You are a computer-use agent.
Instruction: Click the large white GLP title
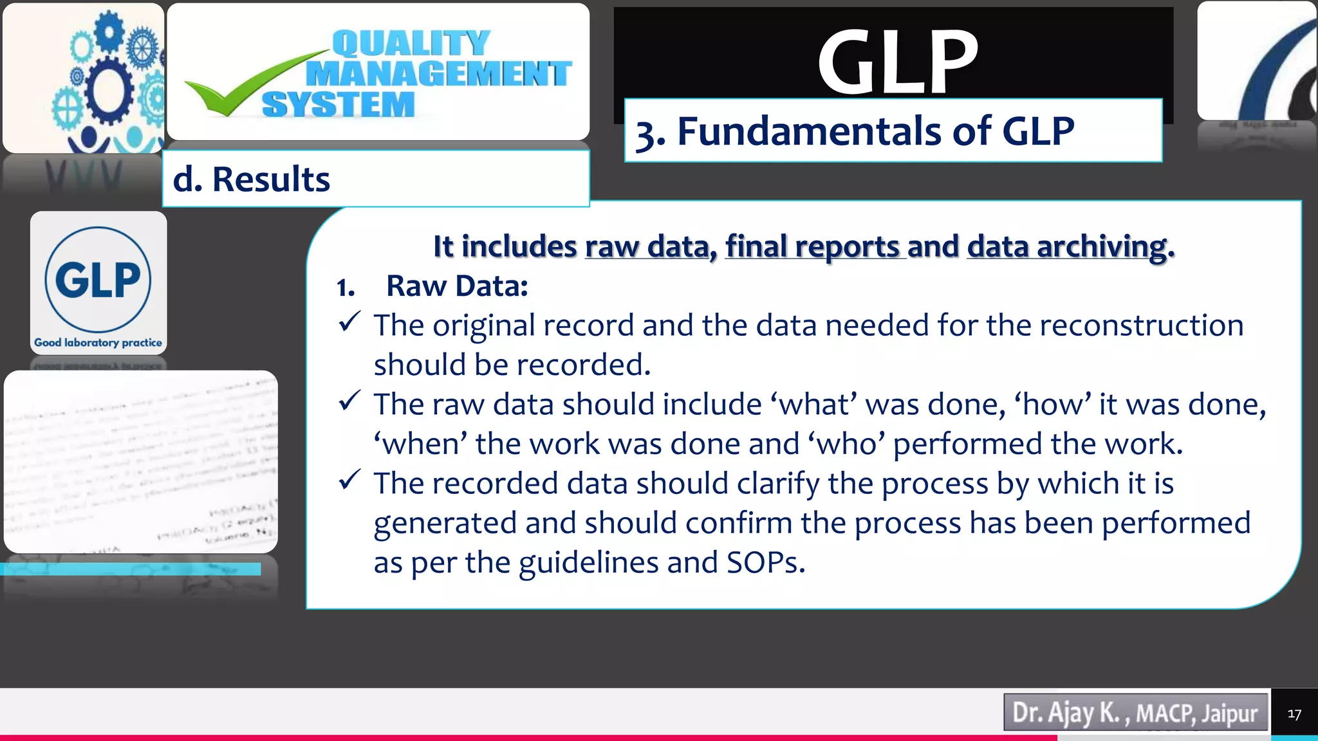coord(898,62)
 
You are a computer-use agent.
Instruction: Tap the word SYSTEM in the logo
coord(339,105)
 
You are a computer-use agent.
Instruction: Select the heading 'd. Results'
coord(252,179)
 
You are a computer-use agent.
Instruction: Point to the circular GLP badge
coord(98,279)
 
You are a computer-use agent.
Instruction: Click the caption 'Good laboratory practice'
coord(98,343)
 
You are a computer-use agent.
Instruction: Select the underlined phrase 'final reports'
coord(812,246)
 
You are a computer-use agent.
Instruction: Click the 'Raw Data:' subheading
coord(457,286)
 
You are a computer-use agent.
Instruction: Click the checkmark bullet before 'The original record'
coord(349,322)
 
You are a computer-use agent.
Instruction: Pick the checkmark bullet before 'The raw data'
coord(349,401)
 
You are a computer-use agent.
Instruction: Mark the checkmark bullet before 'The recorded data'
coord(349,480)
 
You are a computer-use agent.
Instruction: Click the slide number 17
coord(1294,714)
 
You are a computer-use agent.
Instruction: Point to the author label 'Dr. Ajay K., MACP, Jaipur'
coord(1135,713)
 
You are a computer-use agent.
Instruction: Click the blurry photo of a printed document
coord(141,461)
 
